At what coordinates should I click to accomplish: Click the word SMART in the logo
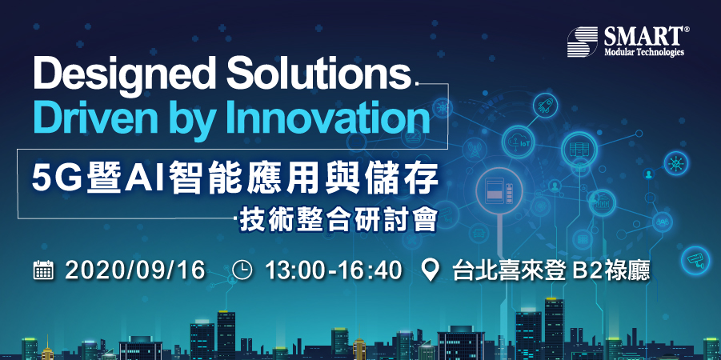[643, 36]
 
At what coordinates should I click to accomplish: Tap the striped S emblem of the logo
[583, 42]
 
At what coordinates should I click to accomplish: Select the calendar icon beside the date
[44, 270]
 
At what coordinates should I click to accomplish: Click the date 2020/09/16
[134, 271]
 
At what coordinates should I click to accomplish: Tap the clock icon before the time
[242, 270]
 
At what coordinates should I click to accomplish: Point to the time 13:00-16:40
[334, 271]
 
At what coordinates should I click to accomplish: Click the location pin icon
[431, 271]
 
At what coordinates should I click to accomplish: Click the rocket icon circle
[545, 105]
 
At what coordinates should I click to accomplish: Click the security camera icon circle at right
[695, 260]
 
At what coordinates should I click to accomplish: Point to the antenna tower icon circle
[475, 150]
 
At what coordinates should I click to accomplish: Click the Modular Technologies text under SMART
[643, 52]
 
